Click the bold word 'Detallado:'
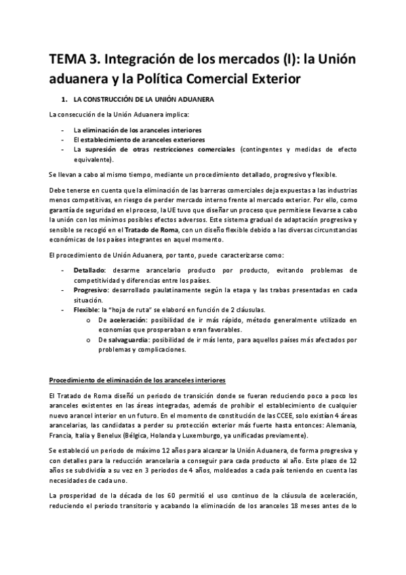[x=90, y=270]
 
